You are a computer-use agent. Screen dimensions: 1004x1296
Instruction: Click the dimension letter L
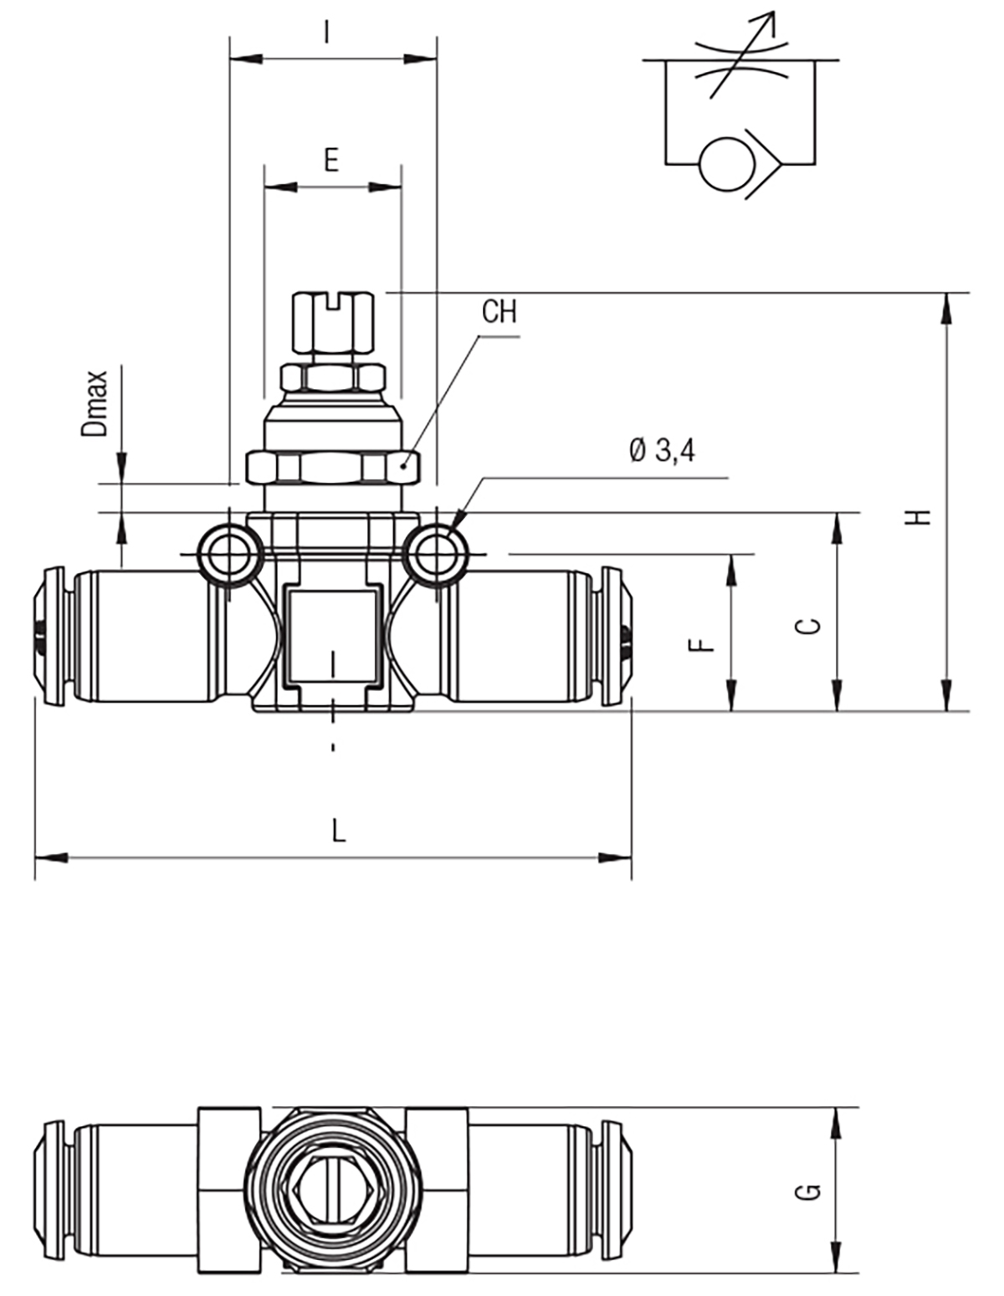pyautogui.click(x=338, y=830)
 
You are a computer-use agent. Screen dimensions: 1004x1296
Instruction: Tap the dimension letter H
pyautogui.click(x=922, y=517)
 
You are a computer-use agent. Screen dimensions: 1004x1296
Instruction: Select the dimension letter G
pyautogui.click(x=808, y=1191)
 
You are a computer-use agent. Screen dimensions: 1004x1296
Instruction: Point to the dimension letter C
pyautogui.click(x=808, y=626)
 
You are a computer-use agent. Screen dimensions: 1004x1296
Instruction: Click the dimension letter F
pyautogui.click(x=701, y=645)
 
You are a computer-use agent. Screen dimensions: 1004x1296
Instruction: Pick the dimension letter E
pyautogui.click(x=331, y=160)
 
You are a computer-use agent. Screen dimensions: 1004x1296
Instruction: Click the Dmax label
pyautogui.click(x=95, y=404)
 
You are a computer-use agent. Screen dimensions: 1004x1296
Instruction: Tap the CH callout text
pyautogui.click(x=499, y=312)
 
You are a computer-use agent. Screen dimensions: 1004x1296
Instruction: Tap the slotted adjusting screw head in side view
pyautogui.click(x=333, y=322)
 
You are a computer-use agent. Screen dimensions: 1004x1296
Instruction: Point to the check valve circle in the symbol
pyautogui.click(x=727, y=164)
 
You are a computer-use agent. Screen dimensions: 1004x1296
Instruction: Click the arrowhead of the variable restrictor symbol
pyautogui.click(x=770, y=22)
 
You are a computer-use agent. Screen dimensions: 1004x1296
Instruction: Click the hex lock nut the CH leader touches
pyautogui.click(x=333, y=468)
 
